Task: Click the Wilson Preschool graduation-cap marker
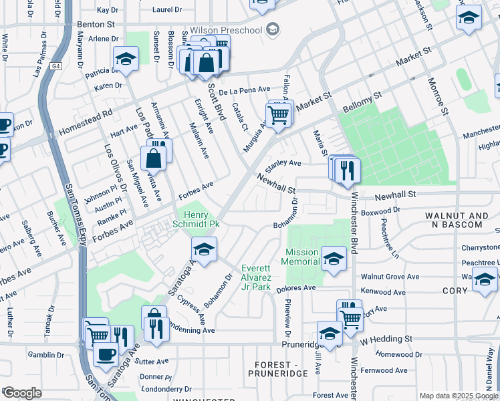tap(272, 29)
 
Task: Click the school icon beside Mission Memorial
tap(332, 257)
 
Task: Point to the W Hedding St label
tap(387, 340)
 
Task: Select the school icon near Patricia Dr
tap(126, 60)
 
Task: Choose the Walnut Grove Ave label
tap(390, 277)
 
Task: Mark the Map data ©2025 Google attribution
tap(459, 396)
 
